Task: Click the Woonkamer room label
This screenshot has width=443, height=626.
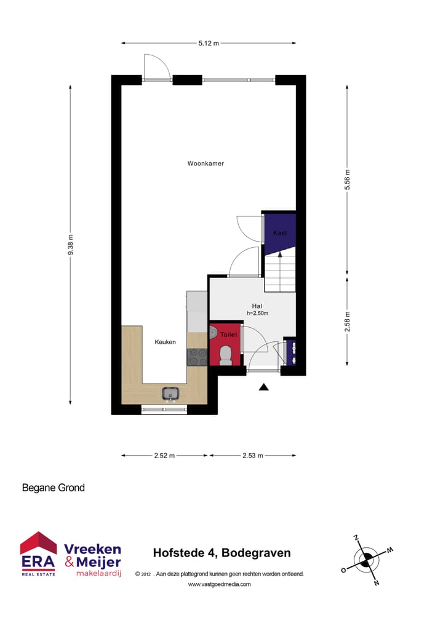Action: point(206,164)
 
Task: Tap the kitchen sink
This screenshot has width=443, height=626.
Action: point(170,393)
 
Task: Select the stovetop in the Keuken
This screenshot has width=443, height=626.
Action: point(197,356)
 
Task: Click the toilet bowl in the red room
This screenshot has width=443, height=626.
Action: point(225,355)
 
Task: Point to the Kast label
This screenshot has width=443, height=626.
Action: point(280,233)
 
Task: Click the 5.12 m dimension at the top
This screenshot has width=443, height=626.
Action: point(208,43)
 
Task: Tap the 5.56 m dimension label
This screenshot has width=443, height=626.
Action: point(347,180)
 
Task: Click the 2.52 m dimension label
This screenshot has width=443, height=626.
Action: point(164,456)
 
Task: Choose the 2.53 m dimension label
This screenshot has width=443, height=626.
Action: point(252,456)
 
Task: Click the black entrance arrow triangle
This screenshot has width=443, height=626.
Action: point(264,387)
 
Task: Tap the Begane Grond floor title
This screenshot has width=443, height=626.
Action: point(54,488)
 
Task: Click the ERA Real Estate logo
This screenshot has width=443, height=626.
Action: point(38,554)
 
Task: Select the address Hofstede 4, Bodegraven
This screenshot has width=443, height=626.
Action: point(221,553)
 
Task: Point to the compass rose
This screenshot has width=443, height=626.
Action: point(366,559)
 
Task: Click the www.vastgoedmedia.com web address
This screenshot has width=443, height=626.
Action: point(219,584)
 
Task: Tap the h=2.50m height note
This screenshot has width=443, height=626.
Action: point(257,313)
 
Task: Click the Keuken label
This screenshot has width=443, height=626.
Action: point(165,342)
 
